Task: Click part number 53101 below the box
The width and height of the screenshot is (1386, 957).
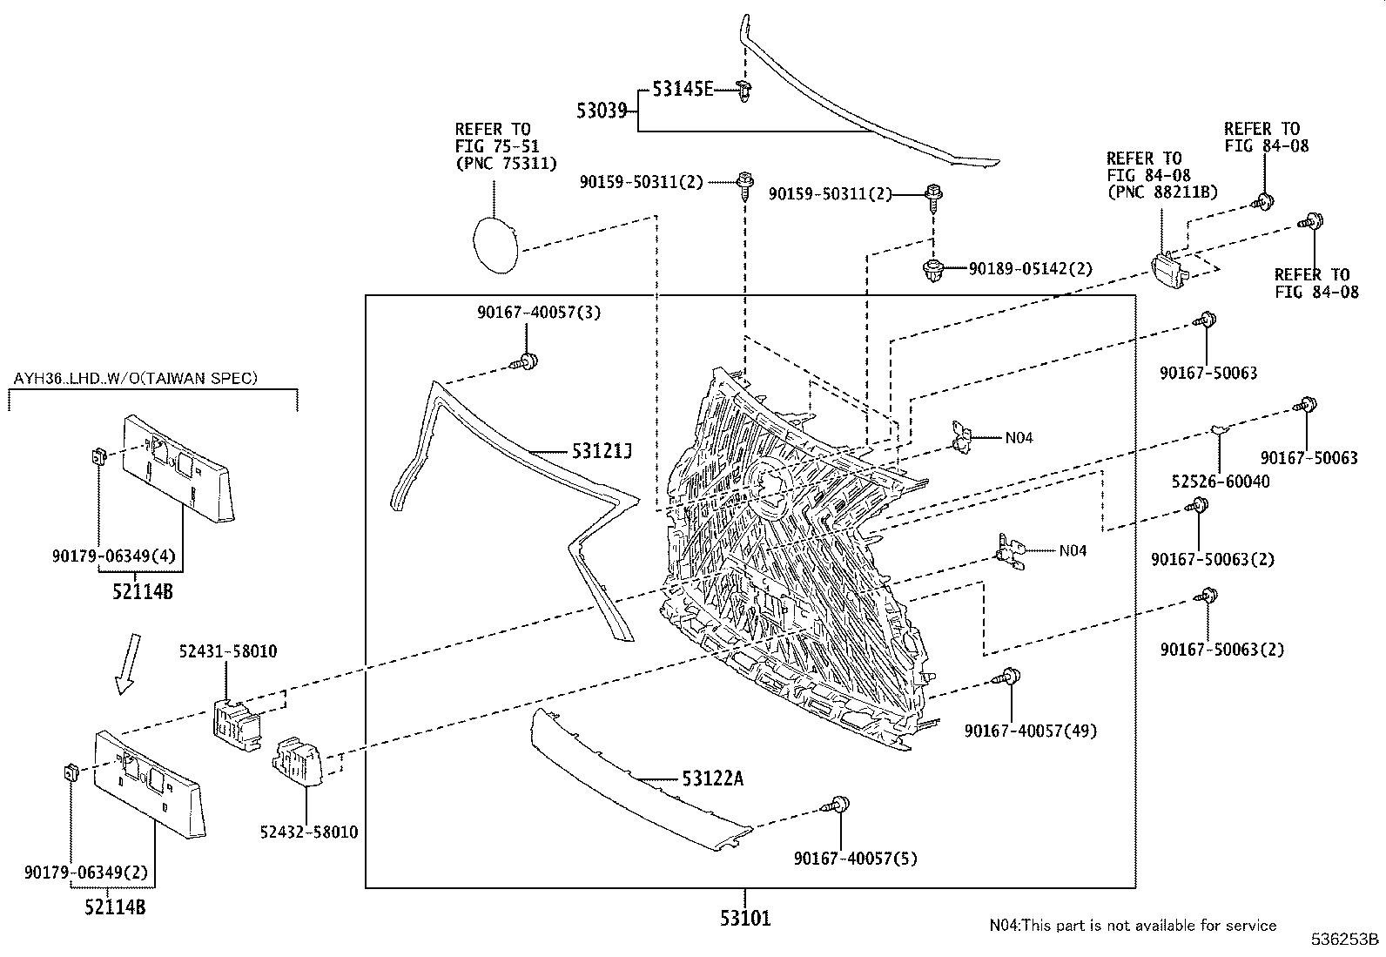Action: click(x=745, y=918)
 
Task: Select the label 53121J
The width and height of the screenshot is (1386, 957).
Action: click(x=601, y=451)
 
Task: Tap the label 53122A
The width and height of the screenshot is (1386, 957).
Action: click(x=713, y=778)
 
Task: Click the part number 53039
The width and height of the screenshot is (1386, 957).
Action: click(x=601, y=111)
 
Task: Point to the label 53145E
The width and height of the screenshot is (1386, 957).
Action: click(x=683, y=88)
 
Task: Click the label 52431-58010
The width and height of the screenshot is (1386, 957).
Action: click(x=228, y=651)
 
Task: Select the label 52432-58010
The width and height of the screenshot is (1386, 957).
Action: click(x=309, y=832)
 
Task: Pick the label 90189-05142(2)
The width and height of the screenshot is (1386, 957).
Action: click(x=1030, y=269)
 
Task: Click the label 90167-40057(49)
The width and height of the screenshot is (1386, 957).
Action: click(x=1031, y=731)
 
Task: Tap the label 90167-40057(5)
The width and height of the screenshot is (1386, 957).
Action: click(x=856, y=859)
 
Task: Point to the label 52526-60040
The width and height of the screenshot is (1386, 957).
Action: click(x=1220, y=481)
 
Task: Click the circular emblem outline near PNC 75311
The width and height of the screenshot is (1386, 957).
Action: click(x=495, y=245)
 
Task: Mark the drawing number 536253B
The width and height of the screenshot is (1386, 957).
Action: click(x=1346, y=940)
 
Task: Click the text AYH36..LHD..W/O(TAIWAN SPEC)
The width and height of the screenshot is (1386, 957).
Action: click(x=135, y=378)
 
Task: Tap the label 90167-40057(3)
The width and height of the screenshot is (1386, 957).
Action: click(x=539, y=312)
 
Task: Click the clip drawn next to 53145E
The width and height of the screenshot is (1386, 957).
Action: click(x=744, y=89)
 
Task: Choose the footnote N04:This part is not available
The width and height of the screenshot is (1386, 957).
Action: click(x=1132, y=925)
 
